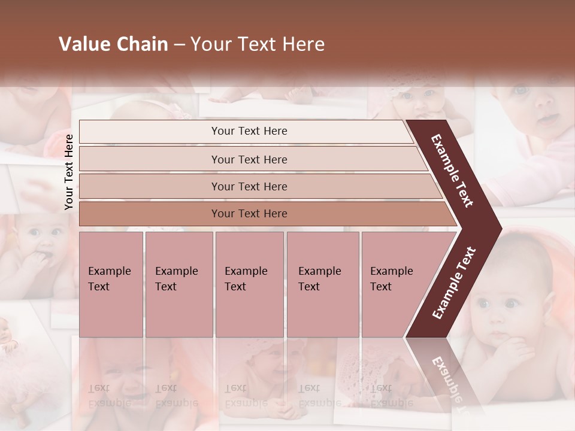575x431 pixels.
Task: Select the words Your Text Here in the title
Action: pyautogui.click(x=258, y=44)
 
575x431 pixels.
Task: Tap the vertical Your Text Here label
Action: pyautogui.click(x=69, y=172)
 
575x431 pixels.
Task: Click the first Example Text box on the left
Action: pyautogui.click(x=111, y=284)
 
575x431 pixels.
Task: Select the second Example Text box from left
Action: pyautogui.click(x=179, y=284)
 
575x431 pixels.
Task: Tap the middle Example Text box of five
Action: pyautogui.click(x=249, y=284)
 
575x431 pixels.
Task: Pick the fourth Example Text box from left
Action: pyautogui.click(x=323, y=284)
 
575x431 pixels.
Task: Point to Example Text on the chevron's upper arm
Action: pyautogui.click(x=452, y=171)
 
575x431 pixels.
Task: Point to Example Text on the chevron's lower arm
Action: pyautogui.click(x=454, y=283)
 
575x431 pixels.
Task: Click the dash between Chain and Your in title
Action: pyautogui.click(x=179, y=45)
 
